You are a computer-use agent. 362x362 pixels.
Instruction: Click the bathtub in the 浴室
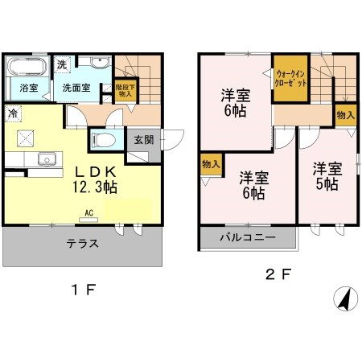(x=27, y=66)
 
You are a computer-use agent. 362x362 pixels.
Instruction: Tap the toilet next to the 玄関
(x=103, y=140)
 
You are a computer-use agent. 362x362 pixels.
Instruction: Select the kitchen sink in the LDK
(x=47, y=159)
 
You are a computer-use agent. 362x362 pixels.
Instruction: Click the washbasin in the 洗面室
(x=101, y=63)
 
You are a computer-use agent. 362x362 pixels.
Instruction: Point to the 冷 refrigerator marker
(x=13, y=113)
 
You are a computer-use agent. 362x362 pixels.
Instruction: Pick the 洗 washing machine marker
(x=62, y=64)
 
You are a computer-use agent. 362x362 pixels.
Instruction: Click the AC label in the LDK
(x=88, y=213)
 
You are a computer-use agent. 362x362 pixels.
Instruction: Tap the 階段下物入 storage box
(x=125, y=90)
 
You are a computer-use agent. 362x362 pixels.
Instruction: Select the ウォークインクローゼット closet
(x=290, y=78)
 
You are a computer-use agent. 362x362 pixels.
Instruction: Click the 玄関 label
(x=144, y=140)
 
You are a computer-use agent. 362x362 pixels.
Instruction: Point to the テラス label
(x=83, y=244)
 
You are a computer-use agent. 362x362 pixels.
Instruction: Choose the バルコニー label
(x=248, y=237)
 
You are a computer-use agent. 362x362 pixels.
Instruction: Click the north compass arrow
(x=346, y=298)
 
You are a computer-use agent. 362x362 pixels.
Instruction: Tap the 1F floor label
(x=84, y=290)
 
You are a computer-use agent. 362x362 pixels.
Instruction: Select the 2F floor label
(x=278, y=274)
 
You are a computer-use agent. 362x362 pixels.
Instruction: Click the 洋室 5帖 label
(x=327, y=176)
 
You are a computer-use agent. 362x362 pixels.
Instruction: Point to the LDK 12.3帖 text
(x=95, y=179)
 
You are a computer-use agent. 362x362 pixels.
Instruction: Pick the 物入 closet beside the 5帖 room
(x=346, y=115)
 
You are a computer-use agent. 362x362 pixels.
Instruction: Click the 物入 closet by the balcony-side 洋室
(x=212, y=164)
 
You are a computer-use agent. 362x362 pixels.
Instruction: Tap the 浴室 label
(x=29, y=88)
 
